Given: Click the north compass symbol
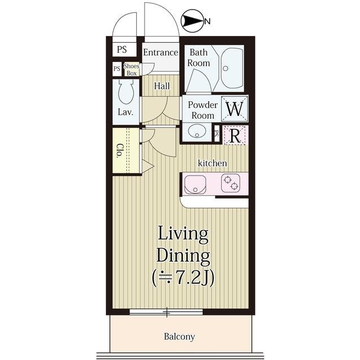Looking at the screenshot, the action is pyautogui.click(x=192, y=21).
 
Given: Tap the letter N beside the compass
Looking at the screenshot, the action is pyautogui.click(x=208, y=21).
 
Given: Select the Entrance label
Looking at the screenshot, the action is pyautogui.click(x=160, y=52).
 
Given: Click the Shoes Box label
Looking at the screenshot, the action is pyautogui.click(x=132, y=70).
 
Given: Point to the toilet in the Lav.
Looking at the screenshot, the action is pyautogui.click(x=125, y=91).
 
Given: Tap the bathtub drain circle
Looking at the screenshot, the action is pyautogui.click(x=226, y=68).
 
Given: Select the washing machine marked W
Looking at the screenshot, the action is pyautogui.click(x=235, y=109).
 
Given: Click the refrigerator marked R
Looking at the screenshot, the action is pyautogui.click(x=235, y=135).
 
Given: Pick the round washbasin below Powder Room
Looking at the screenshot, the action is pyautogui.click(x=197, y=131).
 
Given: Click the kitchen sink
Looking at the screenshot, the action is pyautogui.click(x=195, y=184).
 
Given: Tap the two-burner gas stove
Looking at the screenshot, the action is pyautogui.click(x=231, y=183).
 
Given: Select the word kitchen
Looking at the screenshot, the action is pyautogui.click(x=213, y=163).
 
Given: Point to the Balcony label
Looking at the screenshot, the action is pyautogui.click(x=179, y=336).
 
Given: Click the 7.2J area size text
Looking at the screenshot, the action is pyautogui.click(x=183, y=277).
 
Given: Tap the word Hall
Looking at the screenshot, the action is pyautogui.click(x=162, y=86).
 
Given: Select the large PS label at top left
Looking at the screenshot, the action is pyautogui.click(x=121, y=49).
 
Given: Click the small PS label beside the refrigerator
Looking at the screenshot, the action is pyautogui.click(x=217, y=133).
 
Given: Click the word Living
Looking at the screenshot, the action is pyautogui.click(x=183, y=235).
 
